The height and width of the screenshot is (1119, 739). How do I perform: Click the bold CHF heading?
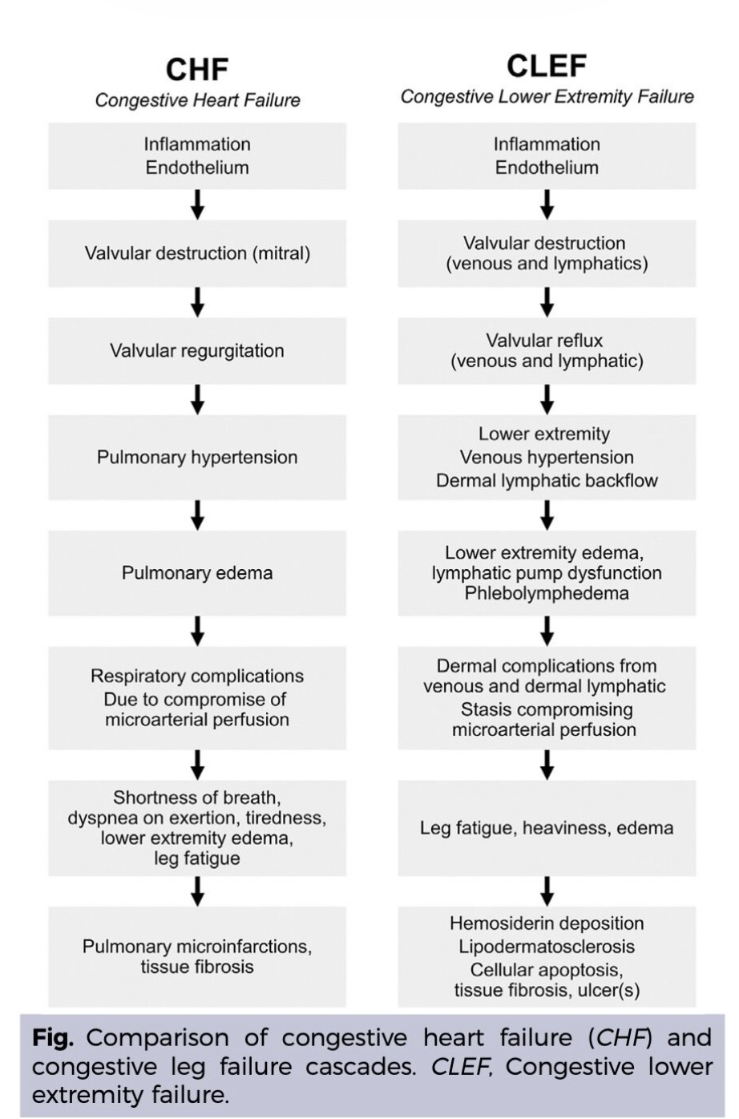[197, 70]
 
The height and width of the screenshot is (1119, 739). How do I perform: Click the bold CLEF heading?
[547, 66]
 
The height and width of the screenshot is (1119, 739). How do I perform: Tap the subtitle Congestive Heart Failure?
[197, 100]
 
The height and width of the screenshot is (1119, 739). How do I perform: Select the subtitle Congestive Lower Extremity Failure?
[547, 96]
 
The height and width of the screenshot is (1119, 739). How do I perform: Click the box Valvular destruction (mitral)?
[197, 253]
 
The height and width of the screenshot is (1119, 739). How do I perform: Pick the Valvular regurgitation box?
[197, 350]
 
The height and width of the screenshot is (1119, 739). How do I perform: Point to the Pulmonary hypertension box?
[197, 457]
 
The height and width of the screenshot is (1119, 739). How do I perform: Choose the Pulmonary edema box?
[197, 572]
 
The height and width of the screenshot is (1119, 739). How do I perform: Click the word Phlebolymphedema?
[547, 593]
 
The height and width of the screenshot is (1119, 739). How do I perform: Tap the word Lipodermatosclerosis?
[547, 946]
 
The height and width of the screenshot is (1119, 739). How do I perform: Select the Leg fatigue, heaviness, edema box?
[547, 828]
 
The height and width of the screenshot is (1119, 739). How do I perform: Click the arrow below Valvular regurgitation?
[198, 400]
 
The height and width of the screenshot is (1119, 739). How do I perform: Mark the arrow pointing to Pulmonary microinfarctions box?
[198, 891]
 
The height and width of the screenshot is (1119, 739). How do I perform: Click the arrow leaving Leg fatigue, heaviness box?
[547, 891]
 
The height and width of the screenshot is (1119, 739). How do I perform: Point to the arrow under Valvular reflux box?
[547, 400]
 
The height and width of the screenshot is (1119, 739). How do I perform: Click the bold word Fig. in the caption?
[52, 1039]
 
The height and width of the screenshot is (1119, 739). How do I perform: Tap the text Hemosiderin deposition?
[547, 923]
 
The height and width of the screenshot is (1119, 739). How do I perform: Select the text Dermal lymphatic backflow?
[547, 481]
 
